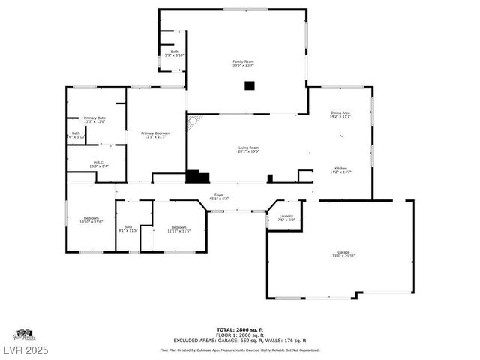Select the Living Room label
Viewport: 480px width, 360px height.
click(x=248, y=150)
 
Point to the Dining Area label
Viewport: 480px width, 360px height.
click(x=340, y=115)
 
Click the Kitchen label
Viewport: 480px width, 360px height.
click(x=340, y=170)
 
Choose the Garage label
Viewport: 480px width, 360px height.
click(x=343, y=254)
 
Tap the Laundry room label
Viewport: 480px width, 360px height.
click(x=286, y=218)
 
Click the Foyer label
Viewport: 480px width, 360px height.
click(x=219, y=197)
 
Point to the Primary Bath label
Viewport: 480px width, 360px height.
click(x=94, y=120)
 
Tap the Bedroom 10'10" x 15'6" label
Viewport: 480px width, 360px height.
click(x=91, y=220)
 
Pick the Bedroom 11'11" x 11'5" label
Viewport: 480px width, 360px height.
click(x=178, y=229)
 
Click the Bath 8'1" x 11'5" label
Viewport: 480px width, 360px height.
click(x=128, y=229)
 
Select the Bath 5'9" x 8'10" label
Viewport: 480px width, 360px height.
click(x=174, y=53)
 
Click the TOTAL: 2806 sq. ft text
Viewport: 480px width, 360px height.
click(x=239, y=329)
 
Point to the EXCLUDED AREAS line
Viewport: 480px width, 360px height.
click(x=239, y=340)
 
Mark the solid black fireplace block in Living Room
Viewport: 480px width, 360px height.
click(x=197, y=177)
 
